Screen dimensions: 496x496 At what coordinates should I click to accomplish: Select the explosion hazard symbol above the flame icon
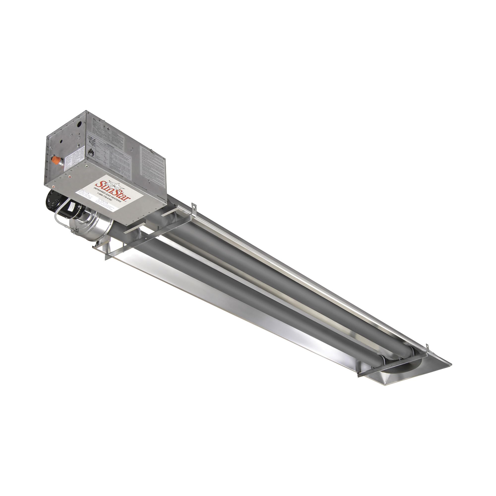pos(92,141)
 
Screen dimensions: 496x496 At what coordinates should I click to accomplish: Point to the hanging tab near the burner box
pos(194,207)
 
